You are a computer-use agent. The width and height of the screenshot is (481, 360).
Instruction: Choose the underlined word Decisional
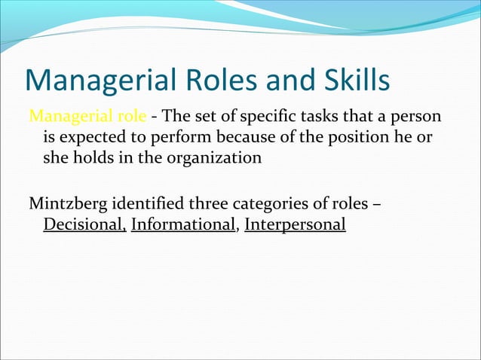click(84, 224)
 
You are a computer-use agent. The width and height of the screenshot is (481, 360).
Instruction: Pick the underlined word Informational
click(182, 224)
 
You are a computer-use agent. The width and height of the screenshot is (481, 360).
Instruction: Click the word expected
click(89, 139)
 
